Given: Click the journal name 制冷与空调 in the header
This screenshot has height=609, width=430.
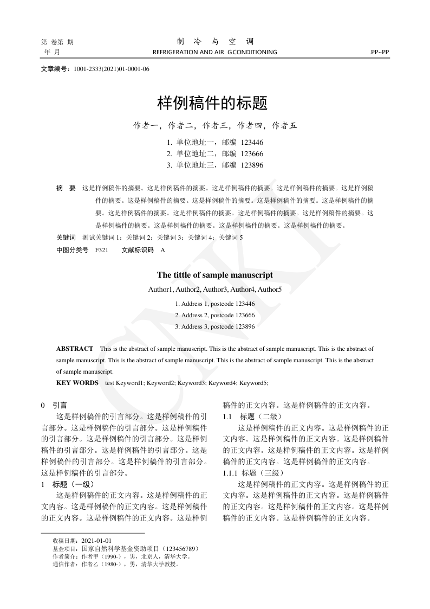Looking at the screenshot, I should pos(215,42).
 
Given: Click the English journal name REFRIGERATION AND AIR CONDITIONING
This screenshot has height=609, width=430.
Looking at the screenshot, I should pos(215,53).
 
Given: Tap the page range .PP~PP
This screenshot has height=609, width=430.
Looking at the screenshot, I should pos(379,53).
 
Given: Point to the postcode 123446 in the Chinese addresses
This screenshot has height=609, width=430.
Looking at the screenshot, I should pos(252,142).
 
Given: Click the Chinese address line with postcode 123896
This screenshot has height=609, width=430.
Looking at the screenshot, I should pos(215,165).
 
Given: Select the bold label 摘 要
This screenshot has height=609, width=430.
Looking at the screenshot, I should pos(66,188).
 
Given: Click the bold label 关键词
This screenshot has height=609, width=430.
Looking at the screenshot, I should pos(66,238).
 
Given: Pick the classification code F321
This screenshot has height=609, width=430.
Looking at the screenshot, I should pos(101,250).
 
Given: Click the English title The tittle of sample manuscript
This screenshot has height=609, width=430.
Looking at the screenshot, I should pos(215,275).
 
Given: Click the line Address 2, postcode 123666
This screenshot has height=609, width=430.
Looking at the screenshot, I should pos(215,315).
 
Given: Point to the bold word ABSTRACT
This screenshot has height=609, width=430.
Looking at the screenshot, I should pos(75,349).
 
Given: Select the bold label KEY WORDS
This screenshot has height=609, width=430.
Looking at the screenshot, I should pos(77,383).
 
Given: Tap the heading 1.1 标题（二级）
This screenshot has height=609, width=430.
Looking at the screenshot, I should pos(252,416).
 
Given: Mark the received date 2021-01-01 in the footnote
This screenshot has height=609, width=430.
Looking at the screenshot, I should pos(96,541).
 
